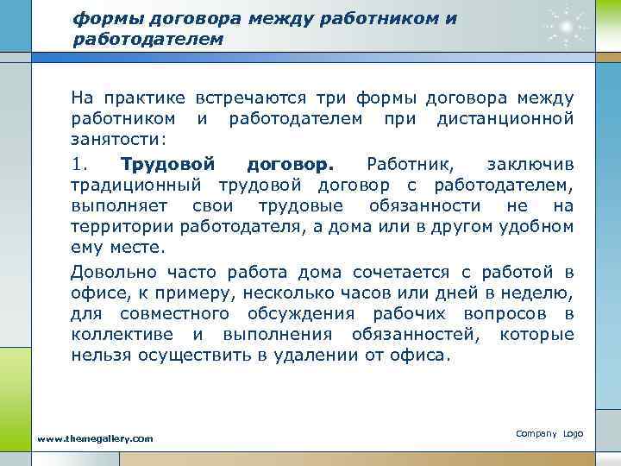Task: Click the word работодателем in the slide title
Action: click(x=147, y=39)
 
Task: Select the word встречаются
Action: click(x=251, y=98)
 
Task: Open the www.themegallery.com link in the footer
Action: click(x=95, y=439)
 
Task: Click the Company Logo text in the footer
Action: click(x=549, y=433)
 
